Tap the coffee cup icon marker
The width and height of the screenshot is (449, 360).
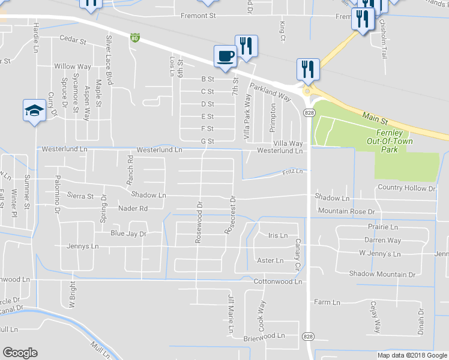coord(226,57)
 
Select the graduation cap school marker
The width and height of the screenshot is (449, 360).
coord(35,110)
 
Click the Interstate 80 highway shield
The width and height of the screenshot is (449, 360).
coord(135,38)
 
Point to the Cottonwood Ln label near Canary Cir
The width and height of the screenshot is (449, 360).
coord(277,281)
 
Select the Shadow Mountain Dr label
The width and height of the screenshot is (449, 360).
coord(382,274)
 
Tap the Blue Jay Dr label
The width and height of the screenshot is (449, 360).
coord(128,234)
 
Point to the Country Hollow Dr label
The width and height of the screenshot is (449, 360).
coord(406,188)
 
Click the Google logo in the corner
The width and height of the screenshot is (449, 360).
coord(20,353)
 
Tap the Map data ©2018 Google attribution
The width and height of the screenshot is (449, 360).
coord(412,355)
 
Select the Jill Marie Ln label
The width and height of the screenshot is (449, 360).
coord(230,314)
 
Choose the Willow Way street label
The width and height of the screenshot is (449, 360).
coord(73,66)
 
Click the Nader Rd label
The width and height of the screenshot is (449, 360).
coord(133,208)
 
